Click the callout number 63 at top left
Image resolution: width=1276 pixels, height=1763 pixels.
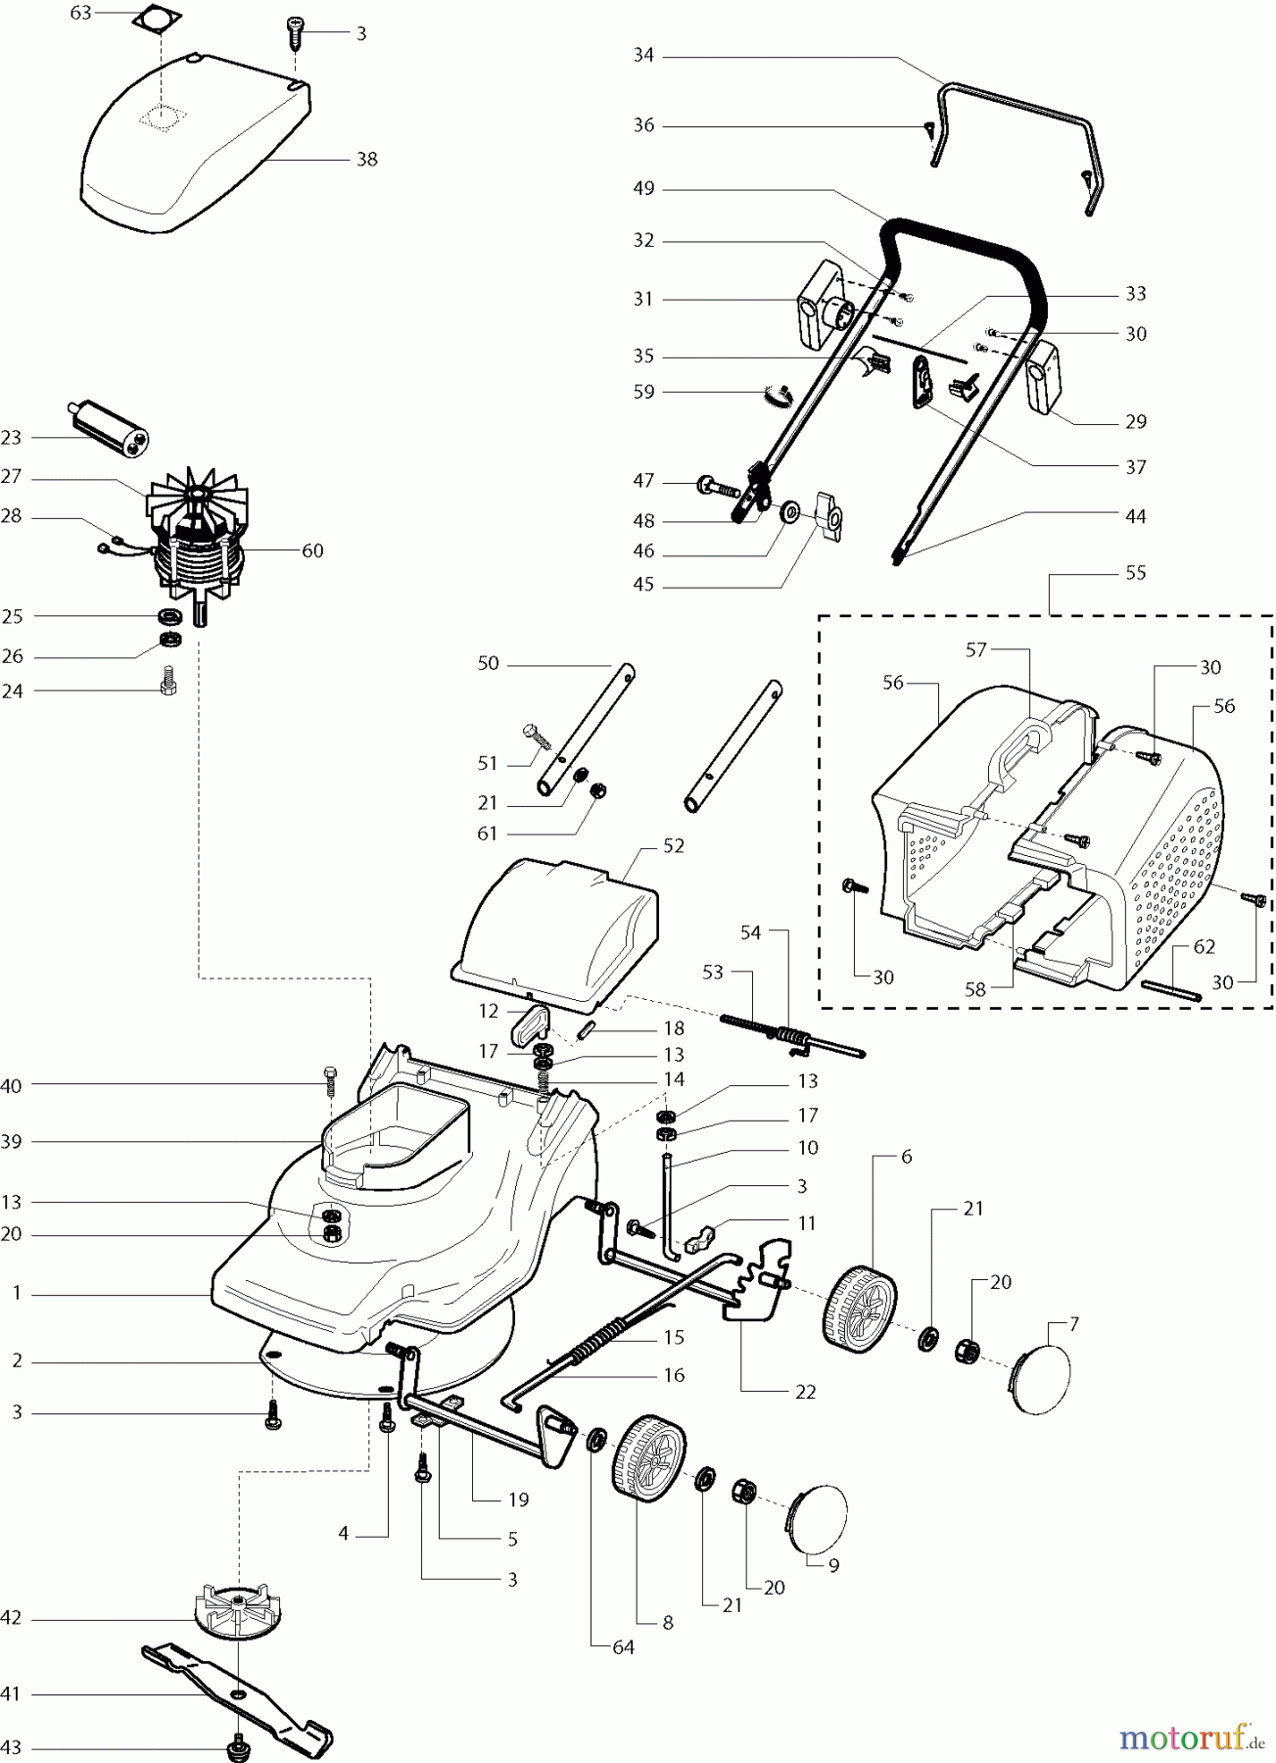(81, 13)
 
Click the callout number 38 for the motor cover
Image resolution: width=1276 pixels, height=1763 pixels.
(366, 159)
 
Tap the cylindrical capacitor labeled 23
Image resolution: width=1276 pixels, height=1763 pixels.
(113, 426)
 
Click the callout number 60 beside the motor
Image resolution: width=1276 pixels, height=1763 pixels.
(311, 550)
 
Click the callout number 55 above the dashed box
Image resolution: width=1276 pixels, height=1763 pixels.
(1135, 572)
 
